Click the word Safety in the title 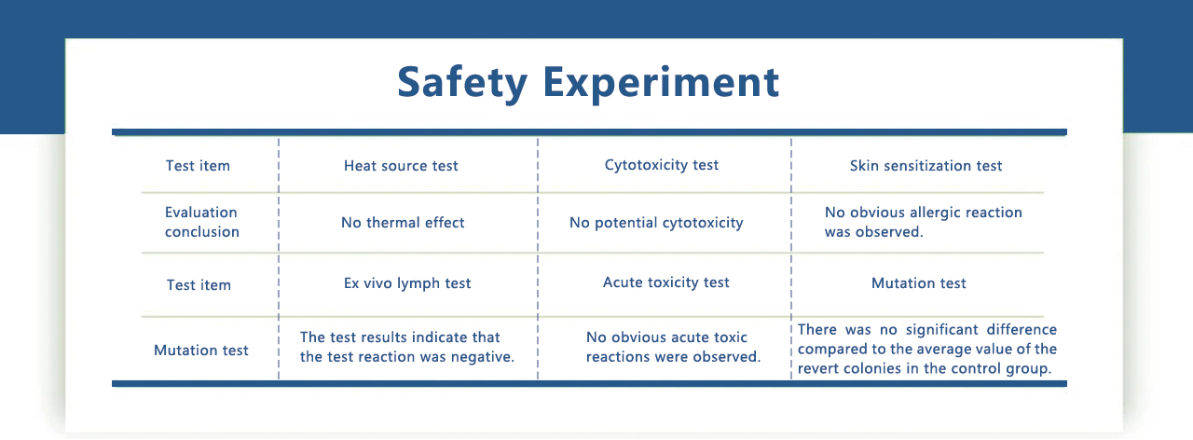click(x=462, y=83)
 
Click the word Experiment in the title click(x=661, y=83)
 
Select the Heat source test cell click(x=401, y=166)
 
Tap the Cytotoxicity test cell click(x=662, y=165)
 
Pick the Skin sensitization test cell click(x=926, y=166)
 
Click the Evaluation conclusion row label click(x=202, y=222)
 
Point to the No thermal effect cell click(x=403, y=222)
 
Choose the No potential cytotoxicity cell click(x=656, y=223)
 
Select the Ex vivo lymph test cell click(x=407, y=282)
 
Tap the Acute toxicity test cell click(x=665, y=282)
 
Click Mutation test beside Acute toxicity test click(x=918, y=282)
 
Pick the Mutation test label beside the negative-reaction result click(x=200, y=350)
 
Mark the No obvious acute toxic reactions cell click(x=673, y=347)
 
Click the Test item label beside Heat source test click(x=198, y=166)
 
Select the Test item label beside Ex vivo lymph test click(x=199, y=285)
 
